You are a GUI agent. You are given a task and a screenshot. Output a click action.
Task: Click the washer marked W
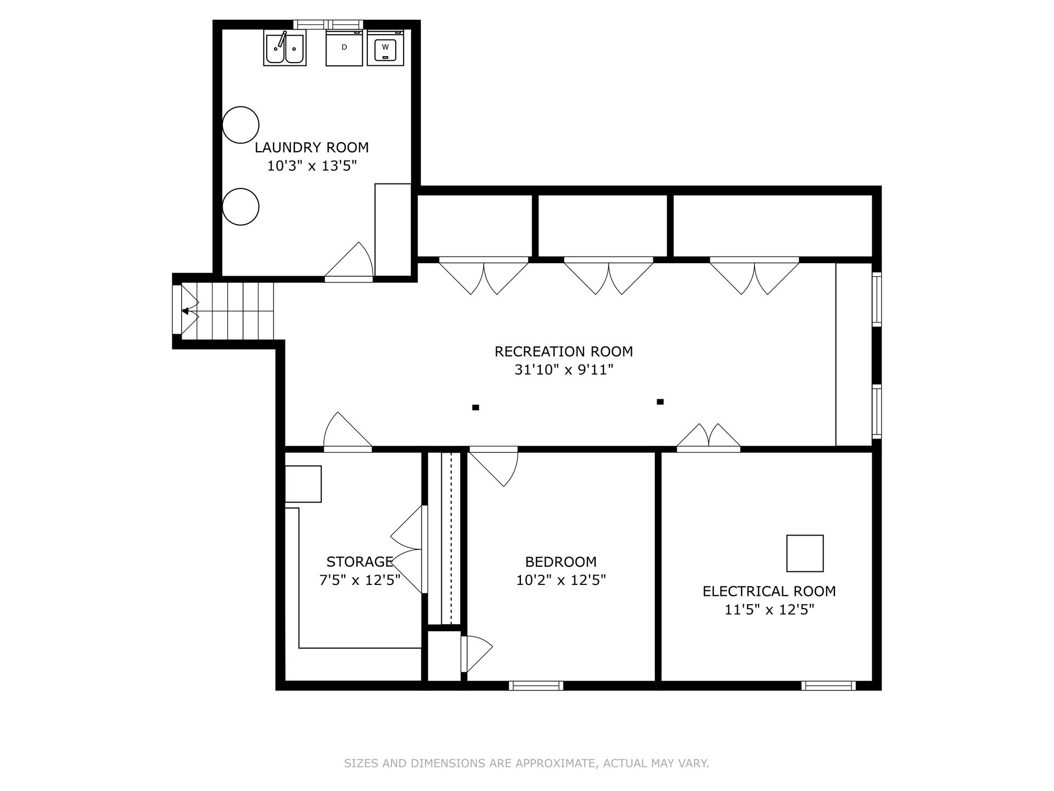[x=385, y=48]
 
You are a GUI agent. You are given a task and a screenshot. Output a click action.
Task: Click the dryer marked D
[x=344, y=48]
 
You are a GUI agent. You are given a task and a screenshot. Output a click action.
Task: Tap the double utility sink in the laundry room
[x=285, y=48]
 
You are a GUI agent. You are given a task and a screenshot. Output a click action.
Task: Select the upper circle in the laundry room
[x=240, y=125]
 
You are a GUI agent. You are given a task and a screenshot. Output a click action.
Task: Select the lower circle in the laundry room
[x=240, y=207]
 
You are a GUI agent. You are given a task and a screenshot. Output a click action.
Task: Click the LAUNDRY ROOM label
[x=312, y=147]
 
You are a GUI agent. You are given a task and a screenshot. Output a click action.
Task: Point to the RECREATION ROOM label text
[x=564, y=352]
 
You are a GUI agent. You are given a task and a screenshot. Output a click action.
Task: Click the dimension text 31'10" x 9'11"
[x=564, y=370]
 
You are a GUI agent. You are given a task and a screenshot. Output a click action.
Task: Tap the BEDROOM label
[x=561, y=562]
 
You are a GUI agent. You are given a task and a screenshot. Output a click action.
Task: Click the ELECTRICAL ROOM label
[x=769, y=592]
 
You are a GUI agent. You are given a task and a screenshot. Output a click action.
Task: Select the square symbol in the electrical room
[x=805, y=553]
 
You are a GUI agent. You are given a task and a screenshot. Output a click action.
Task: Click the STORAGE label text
[x=360, y=562]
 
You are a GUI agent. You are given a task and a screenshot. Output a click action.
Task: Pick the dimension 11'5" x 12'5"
[x=769, y=610]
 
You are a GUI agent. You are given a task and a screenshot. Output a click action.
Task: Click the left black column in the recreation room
[x=476, y=408]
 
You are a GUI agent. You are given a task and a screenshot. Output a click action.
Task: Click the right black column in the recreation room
[x=660, y=402]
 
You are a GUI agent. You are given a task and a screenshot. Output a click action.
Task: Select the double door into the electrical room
[x=709, y=436]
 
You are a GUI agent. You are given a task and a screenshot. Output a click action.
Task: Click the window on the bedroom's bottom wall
[x=536, y=686]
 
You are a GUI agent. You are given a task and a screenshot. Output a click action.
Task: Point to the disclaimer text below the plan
[x=526, y=763]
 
